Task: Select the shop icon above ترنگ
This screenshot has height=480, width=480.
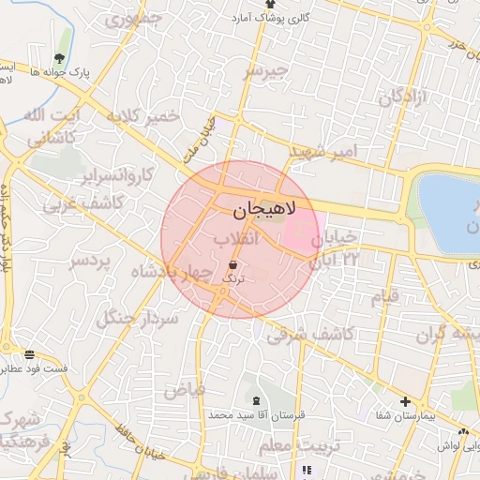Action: click(232, 264)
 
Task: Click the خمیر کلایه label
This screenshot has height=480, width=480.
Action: click(142, 116)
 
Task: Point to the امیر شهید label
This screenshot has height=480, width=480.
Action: click(322, 151)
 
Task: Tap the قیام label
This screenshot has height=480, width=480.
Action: click(385, 297)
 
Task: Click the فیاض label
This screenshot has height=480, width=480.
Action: click(184, 387)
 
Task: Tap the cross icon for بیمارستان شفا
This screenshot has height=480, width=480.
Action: click(405, 402)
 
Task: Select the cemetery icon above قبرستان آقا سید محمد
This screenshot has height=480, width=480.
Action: click(256, 400)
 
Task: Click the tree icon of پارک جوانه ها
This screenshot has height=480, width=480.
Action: click(64, 40)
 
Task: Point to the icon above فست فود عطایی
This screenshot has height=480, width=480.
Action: click(31, 354)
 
